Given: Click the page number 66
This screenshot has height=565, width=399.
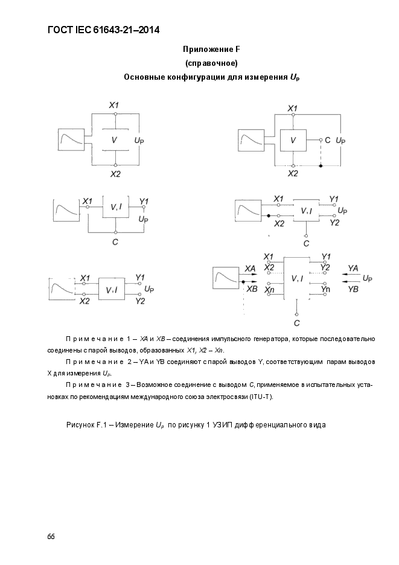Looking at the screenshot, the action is tap(51, 537).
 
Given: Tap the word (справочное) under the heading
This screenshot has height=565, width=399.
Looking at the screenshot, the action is tap(212, 63).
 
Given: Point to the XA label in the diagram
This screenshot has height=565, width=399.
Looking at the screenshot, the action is tap(250, 269).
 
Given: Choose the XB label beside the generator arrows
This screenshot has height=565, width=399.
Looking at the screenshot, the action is tap(252, 289).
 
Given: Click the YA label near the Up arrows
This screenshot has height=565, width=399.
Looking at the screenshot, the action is tap(353, 268).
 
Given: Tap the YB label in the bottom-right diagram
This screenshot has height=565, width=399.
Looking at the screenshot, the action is tap(353, 289).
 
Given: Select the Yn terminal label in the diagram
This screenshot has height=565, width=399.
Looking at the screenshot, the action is tap(325, 289).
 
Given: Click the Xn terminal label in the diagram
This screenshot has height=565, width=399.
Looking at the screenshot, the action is tap(269, 290).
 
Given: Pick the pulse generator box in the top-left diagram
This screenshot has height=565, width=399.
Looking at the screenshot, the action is tap(71, 139).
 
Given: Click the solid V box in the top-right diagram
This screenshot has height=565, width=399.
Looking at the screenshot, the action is tap(293, 140).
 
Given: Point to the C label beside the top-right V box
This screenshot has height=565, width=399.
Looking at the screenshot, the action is tap(327, 140).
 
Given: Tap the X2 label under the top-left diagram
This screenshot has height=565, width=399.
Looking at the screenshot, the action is tap(115, 174).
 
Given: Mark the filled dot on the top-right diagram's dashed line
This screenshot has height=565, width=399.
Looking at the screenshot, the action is tap(321, 166).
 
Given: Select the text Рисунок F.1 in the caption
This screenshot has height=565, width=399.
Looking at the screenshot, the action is tap(85, 425).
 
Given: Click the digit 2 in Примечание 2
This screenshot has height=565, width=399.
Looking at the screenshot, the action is tap(129, 362).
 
